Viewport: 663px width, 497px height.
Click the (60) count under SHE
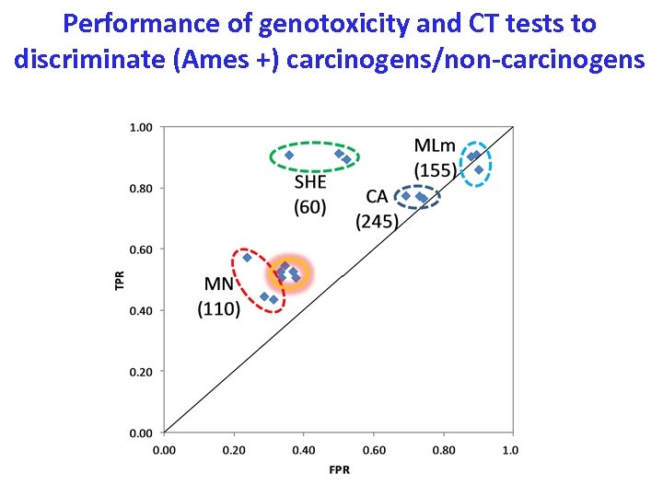(x=310, y=207)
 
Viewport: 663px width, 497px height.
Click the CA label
(x=377, y=196)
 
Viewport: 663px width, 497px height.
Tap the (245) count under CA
(x=377, y=221)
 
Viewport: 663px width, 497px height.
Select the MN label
(x=218, y=284)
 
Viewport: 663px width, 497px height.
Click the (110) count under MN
(x=219, y=309)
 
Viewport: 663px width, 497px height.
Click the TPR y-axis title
(x=119, y=279)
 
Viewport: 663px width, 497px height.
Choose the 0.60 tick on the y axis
(x=141, y=249)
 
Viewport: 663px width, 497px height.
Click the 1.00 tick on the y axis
(x=141, y=127)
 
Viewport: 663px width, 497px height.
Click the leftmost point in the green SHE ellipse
(x=289, y=155)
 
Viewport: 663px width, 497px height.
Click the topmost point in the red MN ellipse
(x=247, y=258)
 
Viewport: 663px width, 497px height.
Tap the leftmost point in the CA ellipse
(x=406, y=195)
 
